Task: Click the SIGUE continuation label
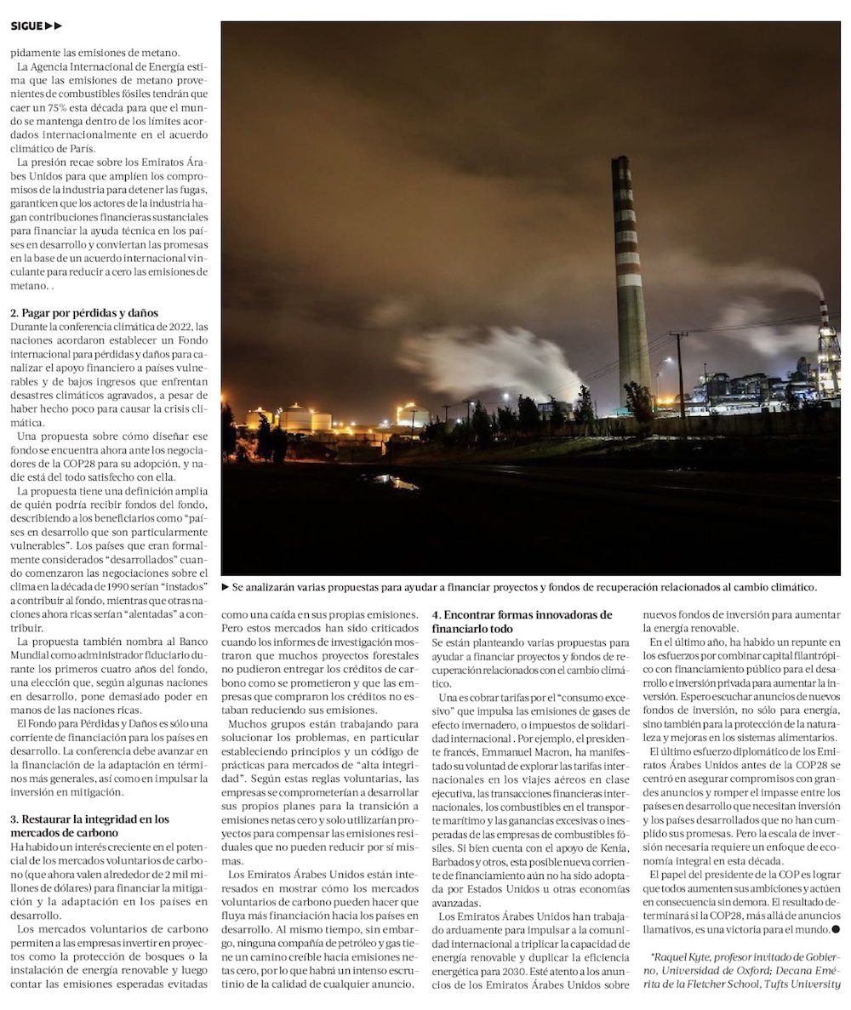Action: point(36,26)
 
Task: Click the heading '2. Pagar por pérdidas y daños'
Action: point(83,313)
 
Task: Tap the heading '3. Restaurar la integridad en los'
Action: point(89,819)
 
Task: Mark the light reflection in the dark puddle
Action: point(396,482)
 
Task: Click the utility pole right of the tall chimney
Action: point(679,374)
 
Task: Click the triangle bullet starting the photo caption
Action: point(226,587)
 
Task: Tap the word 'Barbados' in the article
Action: point(453,862)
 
